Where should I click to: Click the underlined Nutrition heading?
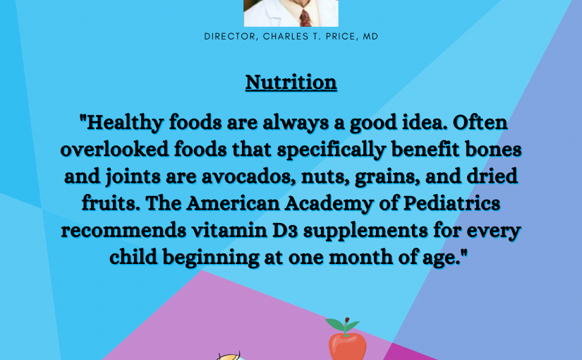pyautogui.click(x=291, y=82)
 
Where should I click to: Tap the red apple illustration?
pyautogui.click(x=347, y=346)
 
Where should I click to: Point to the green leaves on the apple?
pyautogui.click(x=342, y=325)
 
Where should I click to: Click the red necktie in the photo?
pyautogui.click(x=305, y=18)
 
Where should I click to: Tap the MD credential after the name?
pyautogui.click(x=370, y=37)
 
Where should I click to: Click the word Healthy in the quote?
pyautogui.click(x=125, y=123)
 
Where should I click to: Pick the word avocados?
pyautogui.click(x=249, y=176)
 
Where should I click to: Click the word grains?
pyautogui.click(x=387, y=177)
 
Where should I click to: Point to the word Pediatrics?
pyautogui.click(x=451, y=203)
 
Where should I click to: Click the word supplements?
pyautogui.click(x=365, y=231)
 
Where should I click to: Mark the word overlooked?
pyautogui.click(x=115, y=150)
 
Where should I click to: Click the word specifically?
pyautogui.click(x=332, y=150)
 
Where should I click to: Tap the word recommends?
pyautogui.click(x=123, y=230)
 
